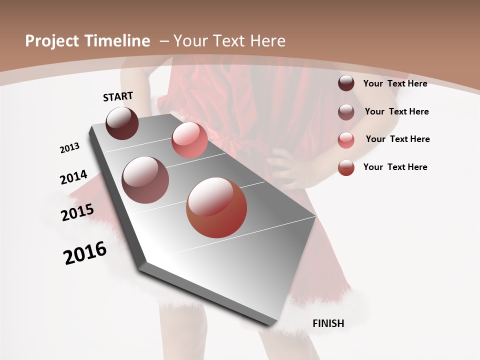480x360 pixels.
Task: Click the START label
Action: [x=118, y=96]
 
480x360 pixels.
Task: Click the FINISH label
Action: [x=328, y=323]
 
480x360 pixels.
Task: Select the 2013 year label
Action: [x=69, y=148]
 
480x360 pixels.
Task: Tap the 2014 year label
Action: [x=73, y=177]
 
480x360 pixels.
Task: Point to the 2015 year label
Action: [x=77, y=212]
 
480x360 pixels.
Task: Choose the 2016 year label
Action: [x=85, y=252]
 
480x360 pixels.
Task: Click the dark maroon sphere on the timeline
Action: [x=122, y=123]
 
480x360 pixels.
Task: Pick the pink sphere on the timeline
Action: [x=189, y=140]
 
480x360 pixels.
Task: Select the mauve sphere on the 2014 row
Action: [x=145, y=180]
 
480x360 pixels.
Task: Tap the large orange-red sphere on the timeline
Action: [x=216, y=207]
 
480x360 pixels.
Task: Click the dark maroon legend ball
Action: [x=346, y=83]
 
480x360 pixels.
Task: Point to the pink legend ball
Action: [x=346, y=140]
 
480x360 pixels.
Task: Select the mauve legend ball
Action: [x=346, y=112]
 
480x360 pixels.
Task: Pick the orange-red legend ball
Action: [x=346, y=167]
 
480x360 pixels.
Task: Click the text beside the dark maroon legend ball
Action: [x=395, y=83]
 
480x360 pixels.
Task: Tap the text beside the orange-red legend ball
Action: [x=395, y=167]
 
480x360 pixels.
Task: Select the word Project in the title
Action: [x=52, y=41]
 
